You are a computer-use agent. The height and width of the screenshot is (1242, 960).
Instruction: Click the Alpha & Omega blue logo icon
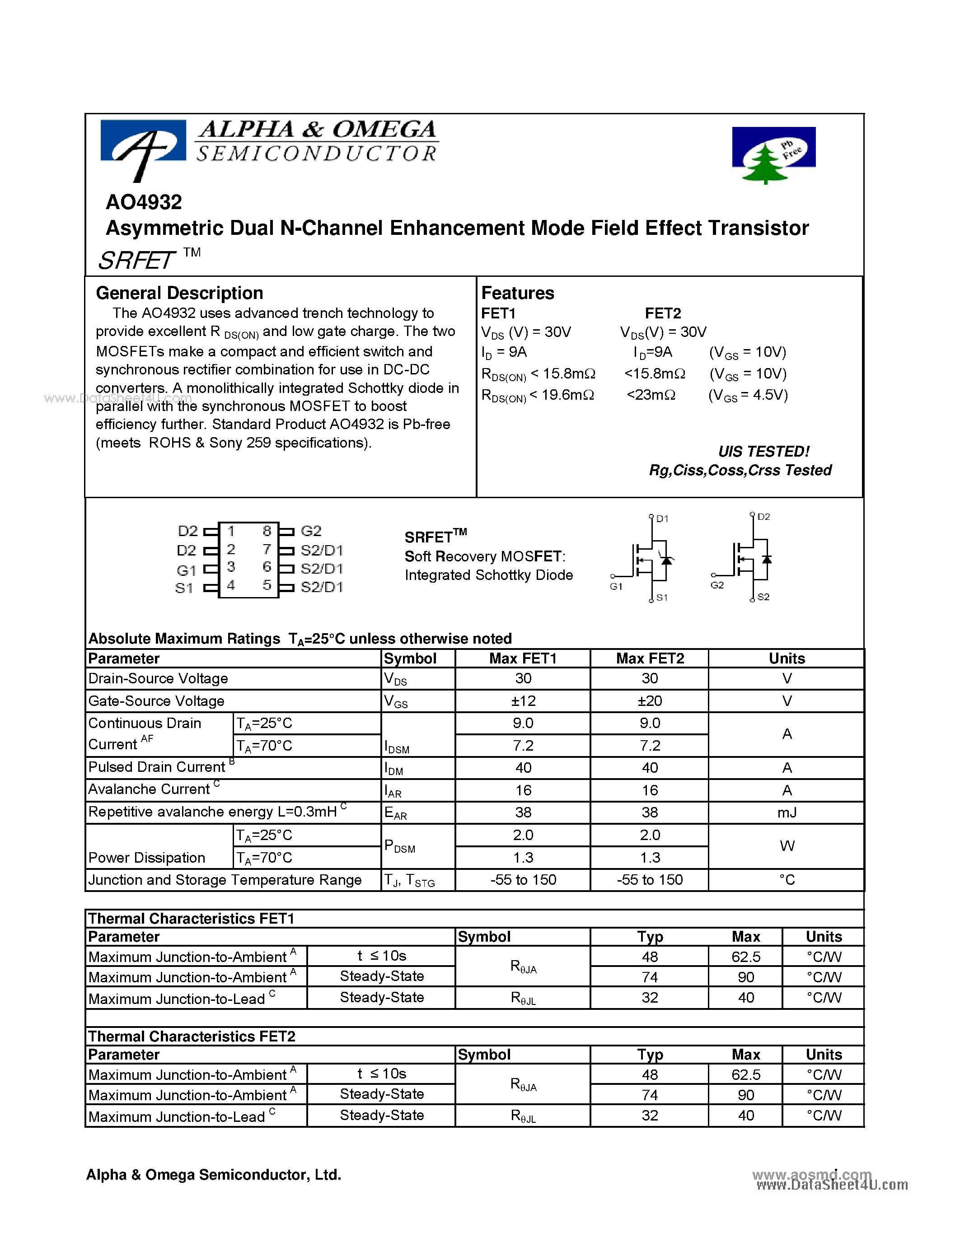pos(143,147)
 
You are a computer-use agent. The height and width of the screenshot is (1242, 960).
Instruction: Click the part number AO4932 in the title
pos(144,202)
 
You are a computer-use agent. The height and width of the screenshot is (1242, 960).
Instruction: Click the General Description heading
pos(179,293)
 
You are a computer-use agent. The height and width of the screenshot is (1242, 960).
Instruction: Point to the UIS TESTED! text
pos(763,452)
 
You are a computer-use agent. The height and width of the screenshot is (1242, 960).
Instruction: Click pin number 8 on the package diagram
pos(267,531)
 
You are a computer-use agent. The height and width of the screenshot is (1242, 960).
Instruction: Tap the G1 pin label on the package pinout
pos(186,570)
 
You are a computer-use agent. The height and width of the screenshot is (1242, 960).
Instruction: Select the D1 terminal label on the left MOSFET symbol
pos(662,518)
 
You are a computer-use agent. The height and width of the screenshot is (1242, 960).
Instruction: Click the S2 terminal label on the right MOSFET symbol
pos(763,597)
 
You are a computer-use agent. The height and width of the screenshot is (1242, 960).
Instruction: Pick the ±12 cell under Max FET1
pos(523,700)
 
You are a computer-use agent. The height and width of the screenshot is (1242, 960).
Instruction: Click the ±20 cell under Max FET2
pos(650,700)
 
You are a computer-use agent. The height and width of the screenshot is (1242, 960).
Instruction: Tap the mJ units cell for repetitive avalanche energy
pos(787,812)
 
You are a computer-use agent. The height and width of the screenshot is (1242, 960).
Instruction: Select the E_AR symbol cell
pos(396,813)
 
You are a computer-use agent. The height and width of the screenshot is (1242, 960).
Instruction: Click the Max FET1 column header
pos(523,658)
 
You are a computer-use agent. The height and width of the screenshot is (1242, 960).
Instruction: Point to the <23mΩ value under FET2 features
pos(651,395)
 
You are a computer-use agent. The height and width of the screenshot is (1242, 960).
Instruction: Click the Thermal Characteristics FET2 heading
pos(192,1036)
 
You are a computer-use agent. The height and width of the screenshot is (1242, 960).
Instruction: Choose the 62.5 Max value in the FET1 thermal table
pos(745,957)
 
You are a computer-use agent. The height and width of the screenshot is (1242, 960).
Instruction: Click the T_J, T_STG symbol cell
pos(409,880)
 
